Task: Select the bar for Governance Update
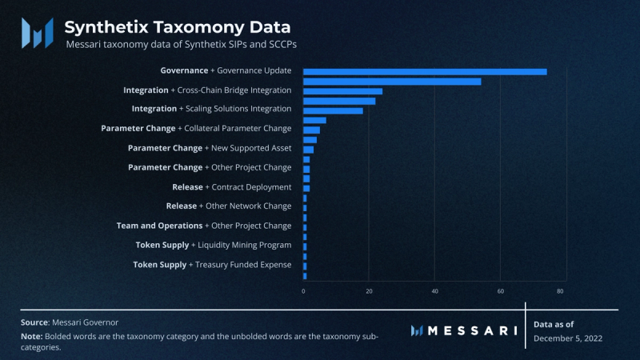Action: pos(425,71)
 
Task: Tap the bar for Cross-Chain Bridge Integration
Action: pos(342,91)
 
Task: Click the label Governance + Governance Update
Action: pos(226,71)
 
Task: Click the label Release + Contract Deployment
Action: pos(232,187)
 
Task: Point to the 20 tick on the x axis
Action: pos(369,291)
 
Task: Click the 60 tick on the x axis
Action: pos(500,291)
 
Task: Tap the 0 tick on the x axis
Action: pos(304,291)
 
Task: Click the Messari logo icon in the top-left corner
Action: pos(37,32)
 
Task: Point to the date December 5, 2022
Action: pos(568,338)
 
